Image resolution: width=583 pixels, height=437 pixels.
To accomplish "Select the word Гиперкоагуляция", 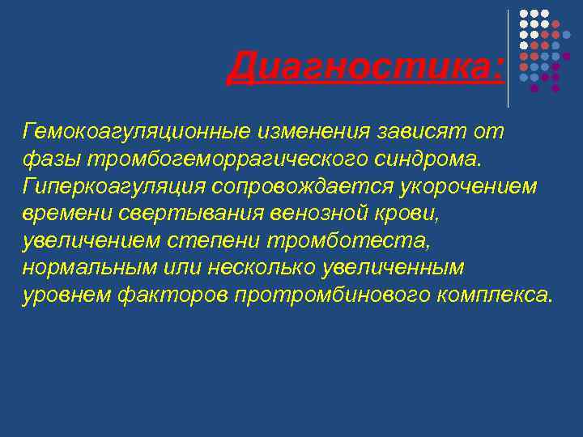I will (x=113, y=187).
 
